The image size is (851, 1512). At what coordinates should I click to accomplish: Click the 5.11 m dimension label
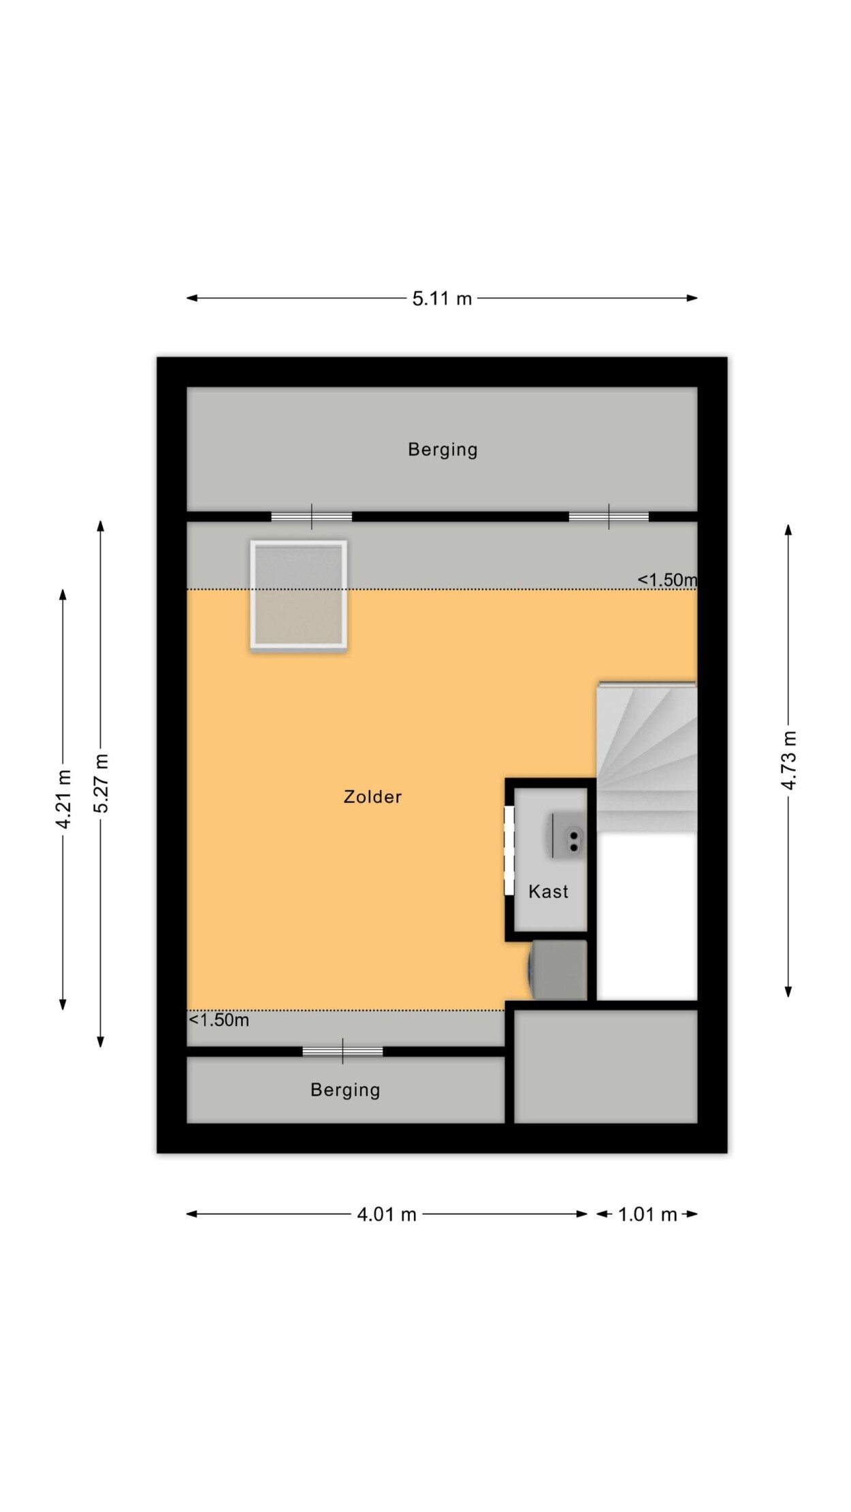442,299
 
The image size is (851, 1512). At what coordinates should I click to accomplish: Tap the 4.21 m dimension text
63,800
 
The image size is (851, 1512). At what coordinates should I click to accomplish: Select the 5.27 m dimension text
101,783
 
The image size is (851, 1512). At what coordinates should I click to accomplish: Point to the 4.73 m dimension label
788,761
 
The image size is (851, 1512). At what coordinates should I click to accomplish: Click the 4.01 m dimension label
387,1215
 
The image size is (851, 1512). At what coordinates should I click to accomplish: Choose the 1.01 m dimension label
647,1215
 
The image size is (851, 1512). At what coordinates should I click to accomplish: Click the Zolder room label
372,797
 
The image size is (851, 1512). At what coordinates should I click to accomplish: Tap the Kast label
548,891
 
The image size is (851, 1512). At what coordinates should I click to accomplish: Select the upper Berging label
443,450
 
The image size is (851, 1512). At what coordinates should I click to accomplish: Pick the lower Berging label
345,1090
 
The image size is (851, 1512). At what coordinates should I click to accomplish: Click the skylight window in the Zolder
299,594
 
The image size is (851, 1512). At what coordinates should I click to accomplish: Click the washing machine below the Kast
558,970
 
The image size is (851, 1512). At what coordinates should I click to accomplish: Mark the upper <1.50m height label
667,580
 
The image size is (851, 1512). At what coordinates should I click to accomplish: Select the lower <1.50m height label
219,1020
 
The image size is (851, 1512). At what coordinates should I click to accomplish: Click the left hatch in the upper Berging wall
312,517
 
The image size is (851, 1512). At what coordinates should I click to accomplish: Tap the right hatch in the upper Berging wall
609,517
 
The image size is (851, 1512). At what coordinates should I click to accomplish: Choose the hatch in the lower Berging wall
342,1051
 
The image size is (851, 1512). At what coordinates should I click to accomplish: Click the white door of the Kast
509,851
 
